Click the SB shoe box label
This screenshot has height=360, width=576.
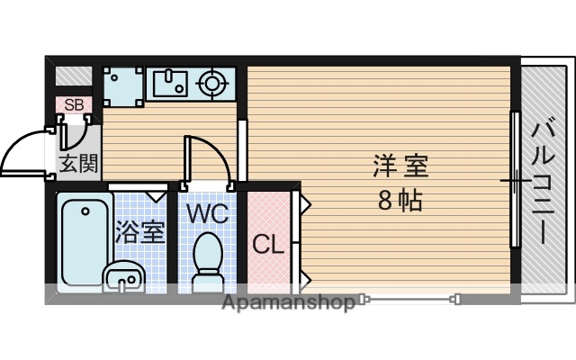(73, 104)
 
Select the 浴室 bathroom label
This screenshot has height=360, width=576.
(139, 230)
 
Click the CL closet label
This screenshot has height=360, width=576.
(267, 244)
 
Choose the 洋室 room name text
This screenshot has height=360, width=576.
(400, 166)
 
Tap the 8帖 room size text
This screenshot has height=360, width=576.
(400, 200)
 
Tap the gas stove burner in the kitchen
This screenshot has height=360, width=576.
(213, 85)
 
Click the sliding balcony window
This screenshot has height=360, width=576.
(515, 180)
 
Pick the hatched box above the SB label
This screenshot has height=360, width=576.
(73, 76)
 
